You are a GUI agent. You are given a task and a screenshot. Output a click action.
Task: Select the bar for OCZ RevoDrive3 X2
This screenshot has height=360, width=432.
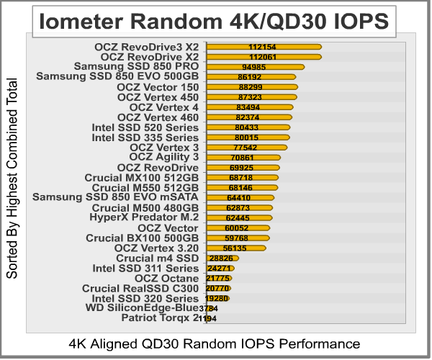click(264, 47)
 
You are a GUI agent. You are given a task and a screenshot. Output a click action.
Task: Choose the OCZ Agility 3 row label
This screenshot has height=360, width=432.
click(163, 157)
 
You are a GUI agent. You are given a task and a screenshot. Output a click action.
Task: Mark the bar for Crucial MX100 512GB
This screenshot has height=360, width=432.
click(242, 177)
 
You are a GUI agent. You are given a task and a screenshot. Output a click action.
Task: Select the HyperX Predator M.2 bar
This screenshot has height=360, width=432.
click(238, 217)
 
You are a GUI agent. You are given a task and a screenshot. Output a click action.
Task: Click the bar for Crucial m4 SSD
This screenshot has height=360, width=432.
click(222, 258)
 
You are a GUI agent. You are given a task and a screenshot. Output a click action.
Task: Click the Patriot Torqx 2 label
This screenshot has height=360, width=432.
click(160, 318)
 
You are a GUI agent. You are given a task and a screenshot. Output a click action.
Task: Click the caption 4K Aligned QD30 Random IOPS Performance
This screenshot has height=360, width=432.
click(214, 342)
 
